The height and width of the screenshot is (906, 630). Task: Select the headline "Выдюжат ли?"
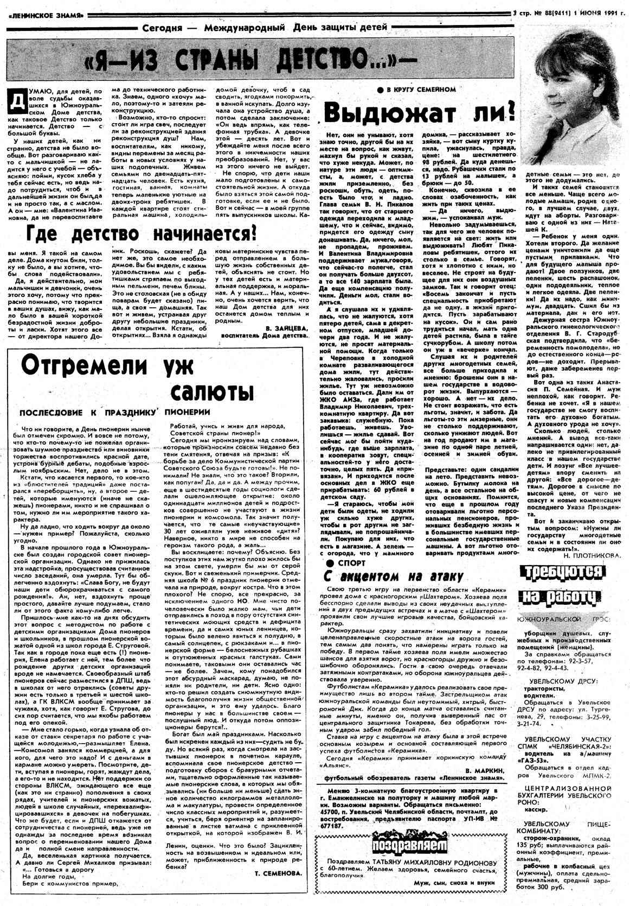click(x=418, y=113)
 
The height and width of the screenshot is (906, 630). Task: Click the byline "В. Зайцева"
click(x=287, y=328)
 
